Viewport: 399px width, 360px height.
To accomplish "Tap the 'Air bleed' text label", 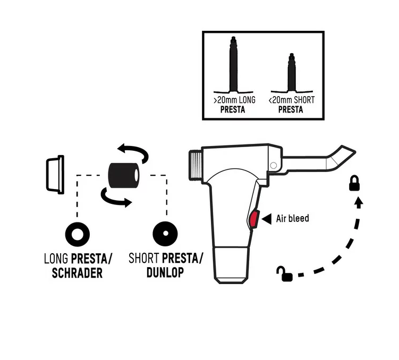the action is pyautogui.click(x=293, y=218).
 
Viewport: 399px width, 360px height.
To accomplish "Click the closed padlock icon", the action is pyautogui.click(x=354, y=183).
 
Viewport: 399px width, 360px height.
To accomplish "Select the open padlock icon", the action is pyautogui.click(x=284, y=274).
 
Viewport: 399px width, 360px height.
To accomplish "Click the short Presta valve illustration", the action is pyautogui.click(x=292, y=73).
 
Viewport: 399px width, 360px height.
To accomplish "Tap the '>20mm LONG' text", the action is pyautogui.click(x=234, y=100).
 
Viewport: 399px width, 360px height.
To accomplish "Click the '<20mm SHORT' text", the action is pyautogui.click(x=292, y=100).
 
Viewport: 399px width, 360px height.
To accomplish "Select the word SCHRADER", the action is pyautogui.click(x=77, y=273).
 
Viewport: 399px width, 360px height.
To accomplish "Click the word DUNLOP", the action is pyautogui.click(x=165, y=272).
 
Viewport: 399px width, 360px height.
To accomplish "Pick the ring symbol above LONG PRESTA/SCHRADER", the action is pyautogui.click(x=78, y=234).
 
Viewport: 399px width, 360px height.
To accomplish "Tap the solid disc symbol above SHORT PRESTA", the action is pyautogui.click(x=165, y=234).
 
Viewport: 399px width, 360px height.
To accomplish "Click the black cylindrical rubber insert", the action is pyautogui.click(x=124, y=175).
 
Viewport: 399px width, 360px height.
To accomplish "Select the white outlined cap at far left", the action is pyautogui.click(x=55, y=175).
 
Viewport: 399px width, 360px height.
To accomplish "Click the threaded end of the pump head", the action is pyautogui.click(x=196, y=166).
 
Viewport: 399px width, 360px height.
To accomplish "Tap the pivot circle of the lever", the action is pyautogui.click(x=274, y=166).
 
